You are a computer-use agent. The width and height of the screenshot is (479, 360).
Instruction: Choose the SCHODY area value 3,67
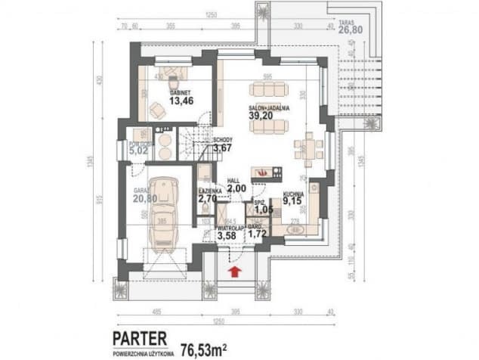(222, 148)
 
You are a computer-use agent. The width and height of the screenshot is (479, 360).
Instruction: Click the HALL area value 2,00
(236, 188)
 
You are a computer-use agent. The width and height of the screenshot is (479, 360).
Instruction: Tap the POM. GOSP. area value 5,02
(138, 151)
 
